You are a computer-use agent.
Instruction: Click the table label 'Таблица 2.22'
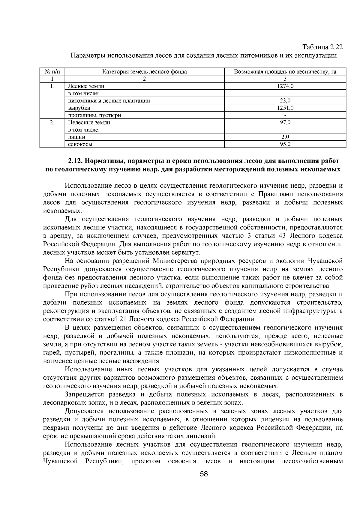322,47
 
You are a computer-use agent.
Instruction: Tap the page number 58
204,483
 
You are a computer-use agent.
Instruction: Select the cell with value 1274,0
285,86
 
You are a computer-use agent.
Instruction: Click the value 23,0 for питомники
285,101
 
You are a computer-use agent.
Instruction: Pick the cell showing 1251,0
285,108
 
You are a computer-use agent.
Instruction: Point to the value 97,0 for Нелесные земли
285,122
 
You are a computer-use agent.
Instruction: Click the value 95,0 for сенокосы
285,144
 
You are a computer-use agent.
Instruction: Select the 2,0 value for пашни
285,137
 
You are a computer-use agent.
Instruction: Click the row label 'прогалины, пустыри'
94,115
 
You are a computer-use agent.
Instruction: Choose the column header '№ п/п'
52,72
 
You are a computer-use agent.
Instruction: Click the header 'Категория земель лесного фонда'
145,72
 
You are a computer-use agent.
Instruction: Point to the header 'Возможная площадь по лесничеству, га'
285,72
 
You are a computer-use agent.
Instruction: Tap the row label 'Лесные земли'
86,86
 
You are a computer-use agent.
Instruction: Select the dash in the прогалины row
285,115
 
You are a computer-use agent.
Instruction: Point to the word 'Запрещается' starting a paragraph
84,394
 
